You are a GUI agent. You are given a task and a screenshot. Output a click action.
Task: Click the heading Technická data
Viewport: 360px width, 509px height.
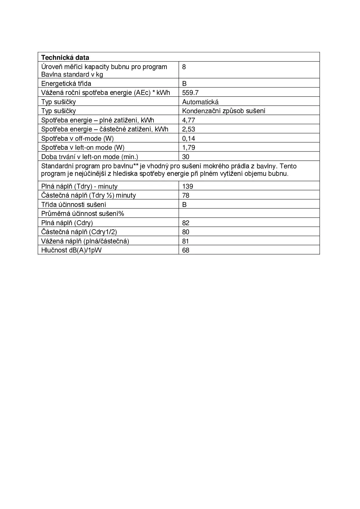coord(65,57)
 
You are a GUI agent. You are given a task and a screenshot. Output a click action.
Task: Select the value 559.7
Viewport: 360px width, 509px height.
coord(190,93)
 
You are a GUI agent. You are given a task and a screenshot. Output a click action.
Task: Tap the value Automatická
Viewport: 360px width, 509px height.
coord(200,102)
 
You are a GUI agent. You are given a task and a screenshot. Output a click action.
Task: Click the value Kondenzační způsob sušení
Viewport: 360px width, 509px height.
coord(224,111)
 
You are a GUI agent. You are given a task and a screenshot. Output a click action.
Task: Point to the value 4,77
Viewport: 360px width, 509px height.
coord(189,120)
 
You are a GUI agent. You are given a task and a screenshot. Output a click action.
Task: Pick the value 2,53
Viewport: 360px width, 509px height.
coord(189,129)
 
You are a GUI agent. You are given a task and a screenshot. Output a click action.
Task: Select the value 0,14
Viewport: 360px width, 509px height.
coord(189,138)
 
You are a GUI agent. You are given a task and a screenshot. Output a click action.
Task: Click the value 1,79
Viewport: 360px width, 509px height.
coord(189,147)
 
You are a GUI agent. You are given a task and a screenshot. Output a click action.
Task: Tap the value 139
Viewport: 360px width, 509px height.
coord(188,186)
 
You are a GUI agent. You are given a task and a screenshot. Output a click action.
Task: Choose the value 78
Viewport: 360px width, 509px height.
coord(186,195)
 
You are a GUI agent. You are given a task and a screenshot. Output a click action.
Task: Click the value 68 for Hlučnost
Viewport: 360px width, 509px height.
coord(186,250)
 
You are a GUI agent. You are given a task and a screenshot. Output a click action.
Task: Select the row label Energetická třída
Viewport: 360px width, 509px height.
coord(66,84)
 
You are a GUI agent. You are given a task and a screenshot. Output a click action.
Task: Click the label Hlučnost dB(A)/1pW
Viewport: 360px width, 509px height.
coord(71,250)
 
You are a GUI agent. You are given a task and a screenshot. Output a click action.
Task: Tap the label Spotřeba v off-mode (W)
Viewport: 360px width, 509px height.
coord(77,138)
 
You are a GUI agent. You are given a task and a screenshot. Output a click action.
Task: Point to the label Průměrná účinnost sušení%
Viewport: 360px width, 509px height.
coord(83,214)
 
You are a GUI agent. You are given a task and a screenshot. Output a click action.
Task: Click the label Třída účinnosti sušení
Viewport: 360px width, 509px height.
coord(74,205)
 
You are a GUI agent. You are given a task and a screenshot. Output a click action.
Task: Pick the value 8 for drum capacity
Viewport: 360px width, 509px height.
coord(184,67)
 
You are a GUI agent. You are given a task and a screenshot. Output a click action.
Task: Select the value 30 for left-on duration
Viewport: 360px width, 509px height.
coord(186,157)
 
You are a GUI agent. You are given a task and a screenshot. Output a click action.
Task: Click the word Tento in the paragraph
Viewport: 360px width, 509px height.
coord(288,166)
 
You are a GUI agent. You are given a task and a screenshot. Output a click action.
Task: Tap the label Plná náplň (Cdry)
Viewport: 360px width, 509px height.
coord(67,223)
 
